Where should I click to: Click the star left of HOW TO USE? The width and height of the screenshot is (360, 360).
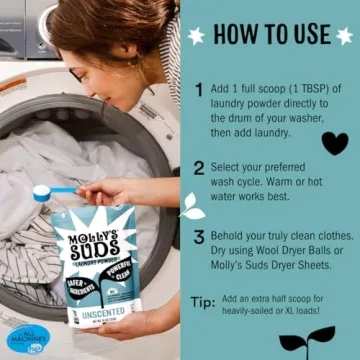coord(197,35)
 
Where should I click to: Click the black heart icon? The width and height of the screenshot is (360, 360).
coord(335,142)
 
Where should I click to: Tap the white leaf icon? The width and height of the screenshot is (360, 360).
coord(191,206)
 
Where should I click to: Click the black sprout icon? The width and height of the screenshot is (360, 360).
coord(307,340)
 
